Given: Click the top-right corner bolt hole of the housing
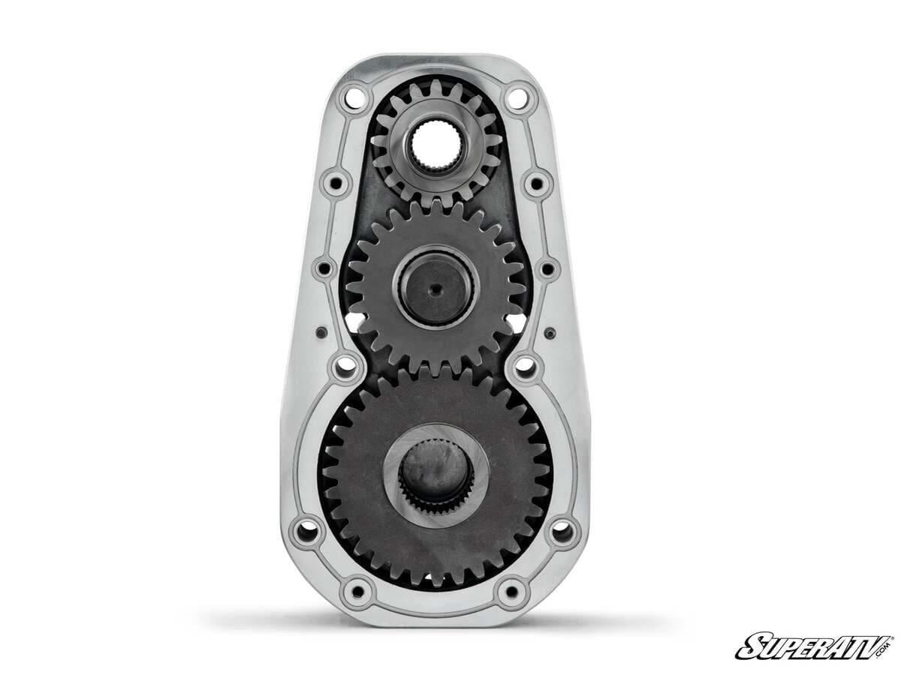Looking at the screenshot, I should [516, 96].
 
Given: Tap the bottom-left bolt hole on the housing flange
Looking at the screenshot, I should [357, 591].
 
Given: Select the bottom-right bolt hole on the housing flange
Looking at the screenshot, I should [513, 591].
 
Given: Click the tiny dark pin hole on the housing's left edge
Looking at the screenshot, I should [321, 331].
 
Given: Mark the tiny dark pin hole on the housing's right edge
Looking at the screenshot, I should [549, 331].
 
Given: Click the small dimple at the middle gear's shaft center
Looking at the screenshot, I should [435, 286].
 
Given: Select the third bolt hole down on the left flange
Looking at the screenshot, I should [324, 268].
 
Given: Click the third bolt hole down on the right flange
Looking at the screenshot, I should [547, 268].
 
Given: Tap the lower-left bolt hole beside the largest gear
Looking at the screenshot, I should [307, 532].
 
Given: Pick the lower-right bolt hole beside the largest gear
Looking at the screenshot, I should [562, 532].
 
